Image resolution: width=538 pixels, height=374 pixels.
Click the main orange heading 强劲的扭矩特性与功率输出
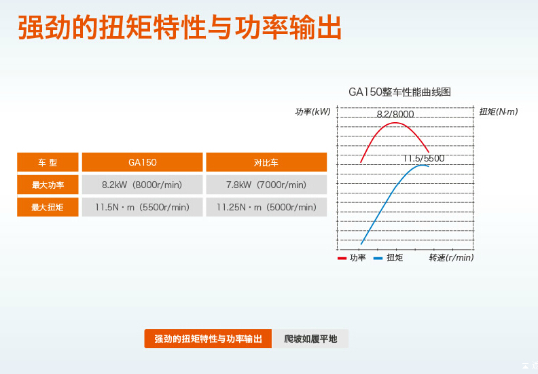click(179, 27)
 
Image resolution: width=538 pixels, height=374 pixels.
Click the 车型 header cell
click(48, 162)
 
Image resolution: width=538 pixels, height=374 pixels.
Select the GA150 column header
click(143, 162)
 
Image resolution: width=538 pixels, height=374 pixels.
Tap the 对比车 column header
click(266, 162)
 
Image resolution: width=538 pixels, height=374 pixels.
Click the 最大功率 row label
click(48, 185)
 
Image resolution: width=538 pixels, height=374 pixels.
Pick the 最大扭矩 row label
click(48, 207)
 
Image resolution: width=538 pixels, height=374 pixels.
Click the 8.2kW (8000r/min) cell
click(143, 185)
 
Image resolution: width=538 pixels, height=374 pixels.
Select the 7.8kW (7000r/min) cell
click(266, 185)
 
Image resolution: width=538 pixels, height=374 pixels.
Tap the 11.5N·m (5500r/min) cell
click(143, 207)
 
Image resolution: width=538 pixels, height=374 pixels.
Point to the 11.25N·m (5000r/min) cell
click(266, 207)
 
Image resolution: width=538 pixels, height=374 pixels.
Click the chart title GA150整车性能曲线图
click(399, 92)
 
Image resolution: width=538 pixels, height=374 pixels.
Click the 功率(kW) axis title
click(312, 112)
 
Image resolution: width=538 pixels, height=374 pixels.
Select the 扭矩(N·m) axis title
click(498, 111)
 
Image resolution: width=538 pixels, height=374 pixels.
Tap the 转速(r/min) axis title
click(451, 257)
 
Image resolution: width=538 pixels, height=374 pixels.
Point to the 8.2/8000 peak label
click(395, 114)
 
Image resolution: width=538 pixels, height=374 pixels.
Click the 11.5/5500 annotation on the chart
click(424, 158)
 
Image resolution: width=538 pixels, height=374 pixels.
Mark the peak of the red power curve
click(395, 123)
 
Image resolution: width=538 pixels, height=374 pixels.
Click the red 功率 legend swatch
click(342, 258)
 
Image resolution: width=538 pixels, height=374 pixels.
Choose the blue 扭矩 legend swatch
click(378, 258)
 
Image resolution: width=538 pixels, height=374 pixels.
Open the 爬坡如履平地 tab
click(310, 339)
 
